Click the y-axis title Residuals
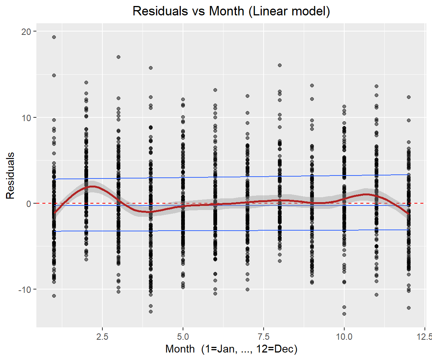coord(10,175)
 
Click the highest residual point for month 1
coord(54,37)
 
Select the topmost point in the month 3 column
coord(118,57)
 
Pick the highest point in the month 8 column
coord(280,65)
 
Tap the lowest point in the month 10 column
coord(344,314)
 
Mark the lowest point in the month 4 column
coord(151,312)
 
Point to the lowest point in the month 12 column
coord(409,308)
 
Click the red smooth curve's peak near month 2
coord(91,186)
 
